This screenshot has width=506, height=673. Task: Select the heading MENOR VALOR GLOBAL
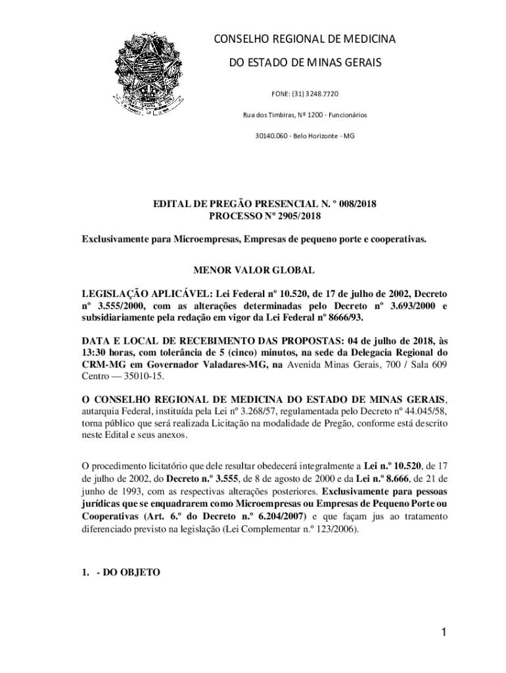click(x=253, y=270)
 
